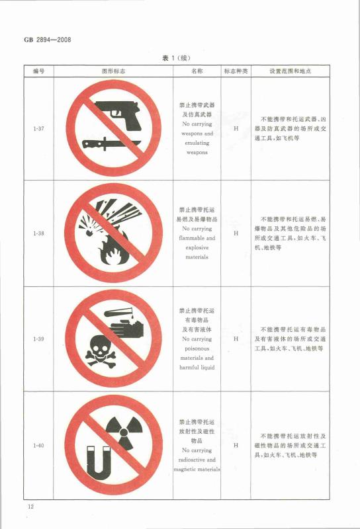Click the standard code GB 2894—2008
click(x=48, y=40)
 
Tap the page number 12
click(x=30, y=506)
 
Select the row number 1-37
click(x=38, y=128)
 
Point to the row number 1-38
click(x=38, y=233)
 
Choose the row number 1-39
click(x=38, y=339)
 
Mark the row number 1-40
click(x=38, y=445)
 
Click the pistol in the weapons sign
click(x=118, y=115)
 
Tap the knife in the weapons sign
click(x=111, y=144)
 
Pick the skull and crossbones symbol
click(x=101, y=352)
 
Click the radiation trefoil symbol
click(x=124, y=432)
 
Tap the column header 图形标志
click(x=113, y=71)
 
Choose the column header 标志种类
click(x=236, y=71)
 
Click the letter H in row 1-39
click(x=236, y=339)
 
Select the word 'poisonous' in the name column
click(x=197, y=348)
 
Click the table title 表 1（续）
click(x=176, y=58)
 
